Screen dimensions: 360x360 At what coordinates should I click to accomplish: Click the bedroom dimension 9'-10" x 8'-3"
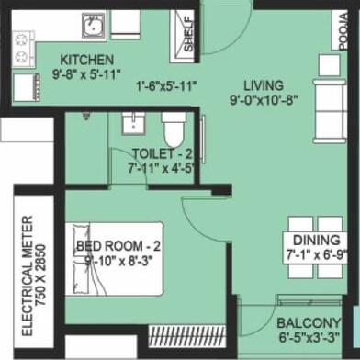click(x=122, y=262)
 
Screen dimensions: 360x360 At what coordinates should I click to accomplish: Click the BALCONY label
click(x=307, y=322)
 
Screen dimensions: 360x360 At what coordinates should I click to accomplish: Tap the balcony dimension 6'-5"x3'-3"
click(x=309, y=338)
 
